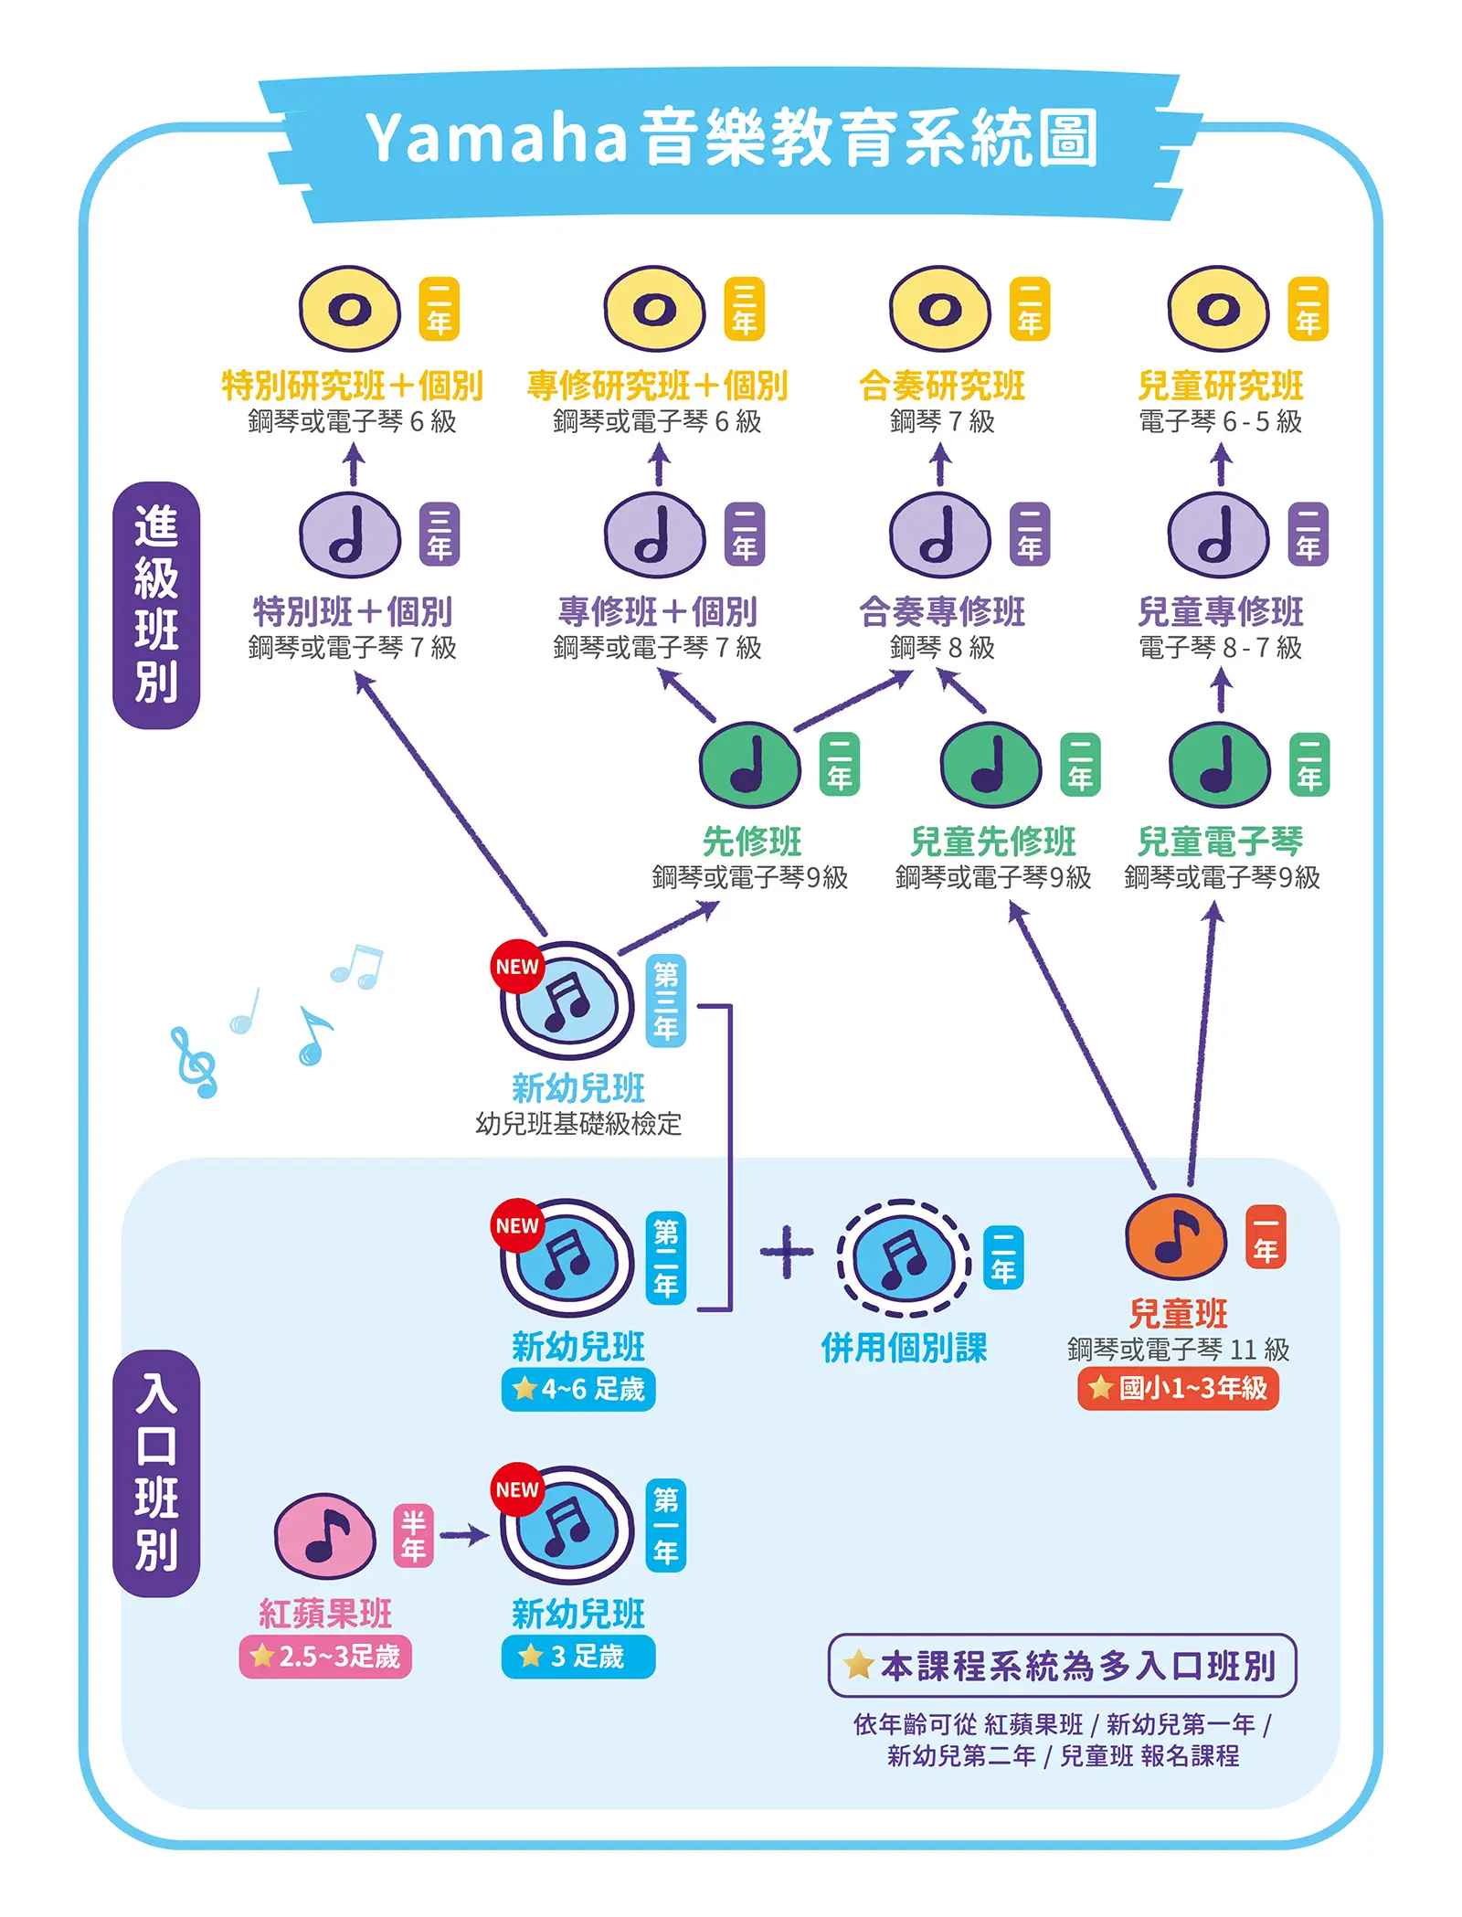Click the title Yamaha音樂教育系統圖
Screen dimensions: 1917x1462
click(731, 139)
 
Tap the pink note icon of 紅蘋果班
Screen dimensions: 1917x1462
click(324, 1535)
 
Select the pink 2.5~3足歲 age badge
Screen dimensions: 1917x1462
click(325, 1657)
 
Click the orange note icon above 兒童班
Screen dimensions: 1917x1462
click(1176, 1236)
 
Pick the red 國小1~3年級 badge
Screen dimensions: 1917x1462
click(1178, 1389)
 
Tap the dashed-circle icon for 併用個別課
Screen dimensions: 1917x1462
click(904, 1258)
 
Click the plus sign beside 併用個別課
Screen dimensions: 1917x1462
click(786, 1251)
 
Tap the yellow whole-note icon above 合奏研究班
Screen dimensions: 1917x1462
click(940, 309)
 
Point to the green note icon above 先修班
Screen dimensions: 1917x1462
click(749, 766)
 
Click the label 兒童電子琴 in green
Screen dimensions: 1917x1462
click(1220, 841)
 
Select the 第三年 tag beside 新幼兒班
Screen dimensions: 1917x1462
click(666, 1001)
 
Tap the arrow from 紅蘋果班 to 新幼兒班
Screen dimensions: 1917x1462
click(465, 1535)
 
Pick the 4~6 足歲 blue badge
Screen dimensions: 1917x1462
click(578, 1390)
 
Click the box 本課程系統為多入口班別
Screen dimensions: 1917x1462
click(1062, 1665)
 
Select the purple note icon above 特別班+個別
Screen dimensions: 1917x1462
click(350, 535)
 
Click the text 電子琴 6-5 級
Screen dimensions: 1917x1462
click(1220, 421)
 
